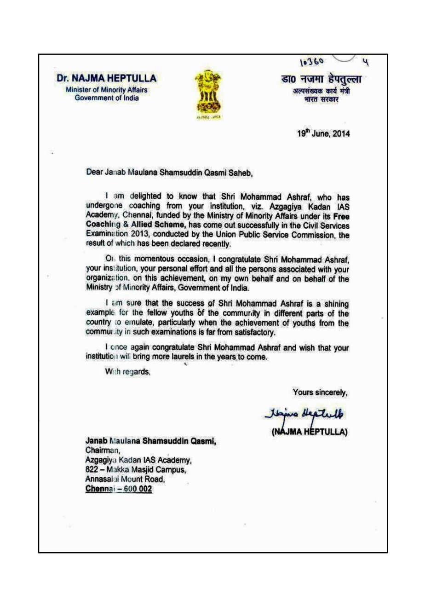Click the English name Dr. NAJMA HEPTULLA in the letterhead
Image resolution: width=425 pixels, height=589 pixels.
107,79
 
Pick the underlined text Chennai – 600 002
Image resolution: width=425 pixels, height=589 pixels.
116,488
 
